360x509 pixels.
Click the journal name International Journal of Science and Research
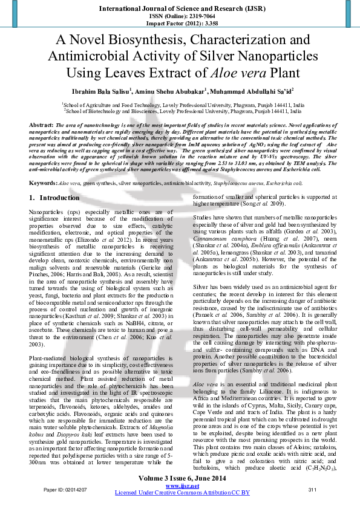point(180,9)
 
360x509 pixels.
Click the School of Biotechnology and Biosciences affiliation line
point(183,111)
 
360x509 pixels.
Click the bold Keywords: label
point(44,166)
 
